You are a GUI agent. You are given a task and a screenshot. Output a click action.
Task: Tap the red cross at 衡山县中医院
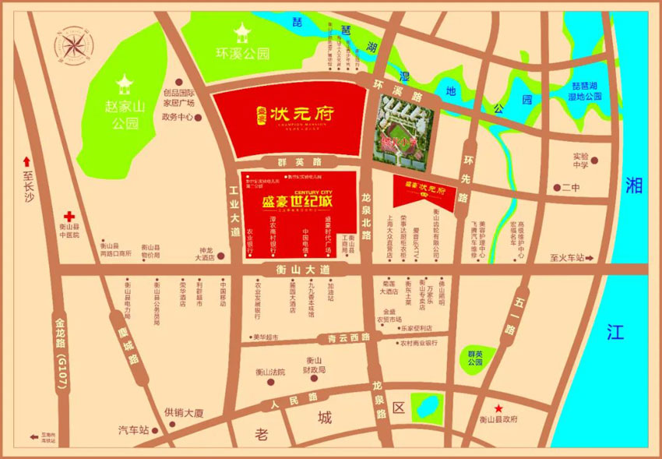pyautogui.click(x=69, y=217)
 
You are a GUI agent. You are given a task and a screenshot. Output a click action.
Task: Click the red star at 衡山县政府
pyautogui.click(x=498, y=408)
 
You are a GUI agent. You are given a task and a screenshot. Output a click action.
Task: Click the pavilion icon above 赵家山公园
pyautogui.click(x=124, y=83)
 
